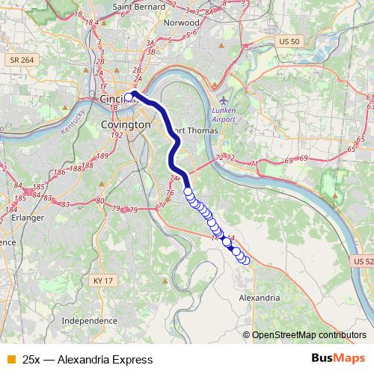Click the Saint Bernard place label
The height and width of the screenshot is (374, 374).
(138, 7)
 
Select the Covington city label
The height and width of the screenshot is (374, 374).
(126, 126)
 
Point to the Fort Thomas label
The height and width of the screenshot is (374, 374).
(195, 131)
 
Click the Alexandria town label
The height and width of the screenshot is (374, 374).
(259, 297)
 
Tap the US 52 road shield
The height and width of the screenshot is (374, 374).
(363, 261)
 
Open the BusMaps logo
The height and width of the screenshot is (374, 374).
(339, 359)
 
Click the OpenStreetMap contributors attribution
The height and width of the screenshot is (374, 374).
(309, 335)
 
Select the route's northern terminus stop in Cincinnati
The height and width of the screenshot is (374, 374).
(129, 97)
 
